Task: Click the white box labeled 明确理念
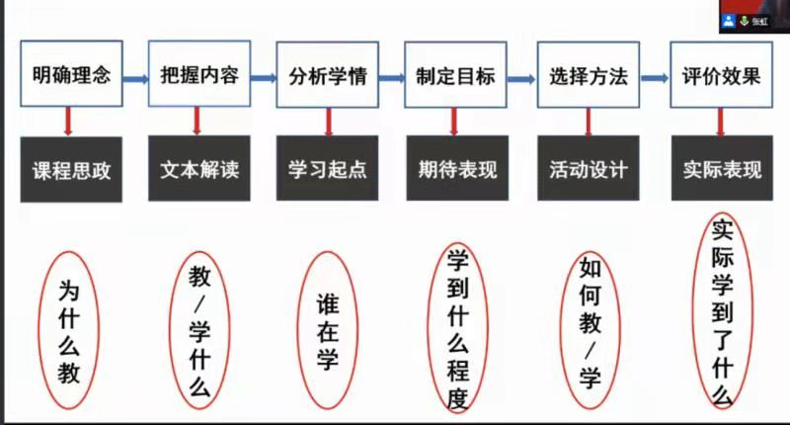[71, 73]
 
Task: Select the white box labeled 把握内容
[199, 73]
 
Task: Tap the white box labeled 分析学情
[328, 74]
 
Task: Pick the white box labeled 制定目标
[455, 74]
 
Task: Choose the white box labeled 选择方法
[589, 74]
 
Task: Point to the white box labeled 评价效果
[722, 74]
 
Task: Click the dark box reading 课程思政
[71, 169]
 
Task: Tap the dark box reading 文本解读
[199, 168]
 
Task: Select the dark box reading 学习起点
[328, 168]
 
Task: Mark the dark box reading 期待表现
[457, 168]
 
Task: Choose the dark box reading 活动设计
[589, 168]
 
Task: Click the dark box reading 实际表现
[722, 168]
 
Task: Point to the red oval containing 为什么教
[39, 330]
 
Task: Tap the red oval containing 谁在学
[298, 330]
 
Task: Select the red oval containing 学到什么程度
[429, 328]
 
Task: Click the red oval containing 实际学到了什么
[694, 310]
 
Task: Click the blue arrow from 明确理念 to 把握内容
[135, 79]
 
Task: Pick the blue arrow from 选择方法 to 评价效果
[655, 78]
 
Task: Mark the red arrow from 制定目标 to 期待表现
[454, 122]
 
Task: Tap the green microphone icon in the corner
[745, 21]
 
